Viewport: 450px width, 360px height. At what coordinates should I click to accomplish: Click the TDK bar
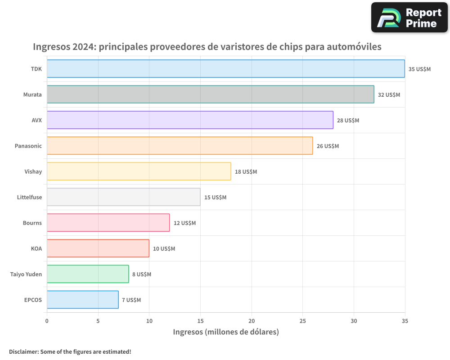[225, 69]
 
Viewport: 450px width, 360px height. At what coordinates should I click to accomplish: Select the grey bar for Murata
[210, 94]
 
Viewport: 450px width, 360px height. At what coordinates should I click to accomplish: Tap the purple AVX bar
[190, 120]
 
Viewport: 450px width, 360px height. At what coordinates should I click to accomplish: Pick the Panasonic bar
[180, 146]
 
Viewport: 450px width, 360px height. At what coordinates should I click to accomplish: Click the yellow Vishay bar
[139, 171]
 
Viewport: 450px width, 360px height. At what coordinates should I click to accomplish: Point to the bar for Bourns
[108, 223]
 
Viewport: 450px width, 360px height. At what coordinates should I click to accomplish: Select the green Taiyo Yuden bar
[88, 274]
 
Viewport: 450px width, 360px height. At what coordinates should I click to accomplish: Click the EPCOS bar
[82, 300]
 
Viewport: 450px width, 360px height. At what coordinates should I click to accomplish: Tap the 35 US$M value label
[419, 69]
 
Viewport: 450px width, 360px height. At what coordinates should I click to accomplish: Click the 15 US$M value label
[215, 198]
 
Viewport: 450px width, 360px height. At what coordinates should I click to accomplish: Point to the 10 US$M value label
[164, 249]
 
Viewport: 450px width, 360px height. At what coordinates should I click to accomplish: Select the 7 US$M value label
[131, 300]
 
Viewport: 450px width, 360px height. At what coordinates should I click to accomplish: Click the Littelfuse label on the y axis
[29, 197]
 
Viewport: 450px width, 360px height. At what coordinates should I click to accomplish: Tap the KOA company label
[36, 248]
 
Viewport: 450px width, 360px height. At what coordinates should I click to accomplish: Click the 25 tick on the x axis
[302, 321]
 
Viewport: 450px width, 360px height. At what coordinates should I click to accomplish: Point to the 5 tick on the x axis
[98, 321]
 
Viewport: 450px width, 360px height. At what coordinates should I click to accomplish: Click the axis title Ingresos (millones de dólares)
[226, 332]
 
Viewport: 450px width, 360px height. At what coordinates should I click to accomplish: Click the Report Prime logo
[409, 18]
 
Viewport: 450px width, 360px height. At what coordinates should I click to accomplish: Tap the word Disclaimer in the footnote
[23, 351]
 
